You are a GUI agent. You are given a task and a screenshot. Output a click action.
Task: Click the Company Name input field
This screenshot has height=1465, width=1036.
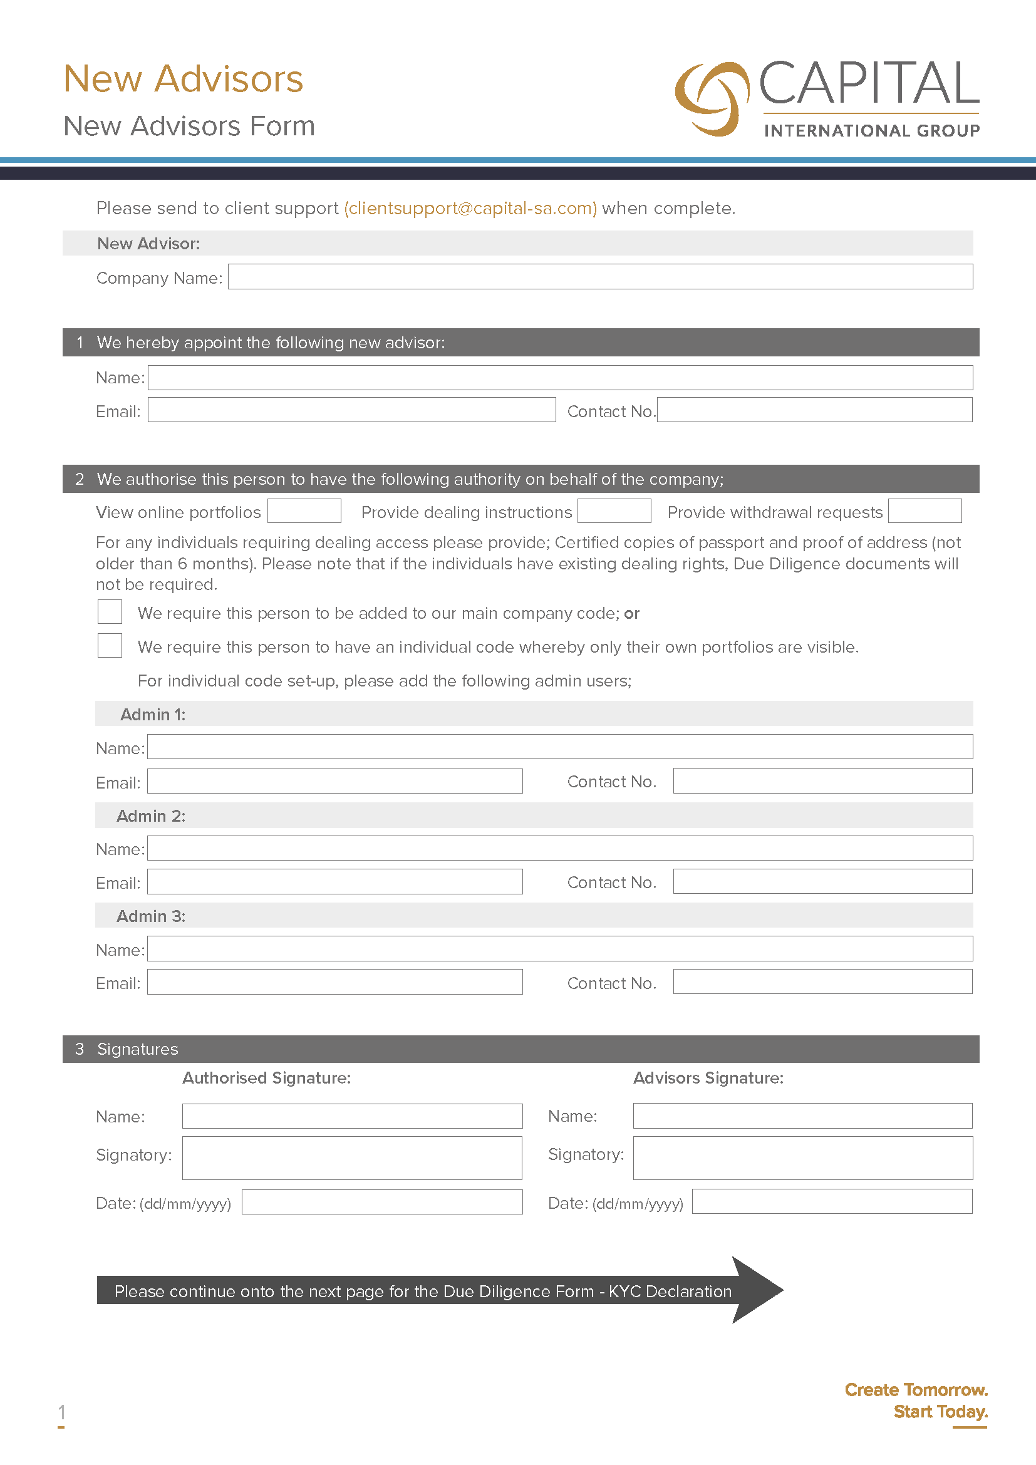tap(599, 277)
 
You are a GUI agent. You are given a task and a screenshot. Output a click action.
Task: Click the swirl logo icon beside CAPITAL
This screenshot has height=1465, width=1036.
tap(712, 99)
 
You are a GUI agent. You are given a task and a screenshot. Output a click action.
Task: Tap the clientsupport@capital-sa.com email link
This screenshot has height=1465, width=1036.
tap(470, 209)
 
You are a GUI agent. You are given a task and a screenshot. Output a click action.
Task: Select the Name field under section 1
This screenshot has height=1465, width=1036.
tap(559, 378)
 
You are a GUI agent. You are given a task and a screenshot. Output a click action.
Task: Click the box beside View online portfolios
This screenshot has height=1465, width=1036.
tap(304, 511)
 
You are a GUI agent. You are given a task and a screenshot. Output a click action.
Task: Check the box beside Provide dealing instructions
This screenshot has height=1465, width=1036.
tap(614, 511)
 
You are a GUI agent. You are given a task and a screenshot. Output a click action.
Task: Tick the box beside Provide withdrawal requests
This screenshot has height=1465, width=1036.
tap(925, 511)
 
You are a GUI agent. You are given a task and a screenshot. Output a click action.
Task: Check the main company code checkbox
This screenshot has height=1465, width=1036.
tap(110, 611)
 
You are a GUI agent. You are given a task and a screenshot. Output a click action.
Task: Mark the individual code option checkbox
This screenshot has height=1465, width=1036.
tap(110, 645)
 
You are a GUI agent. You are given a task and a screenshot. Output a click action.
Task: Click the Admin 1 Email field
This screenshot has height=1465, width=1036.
tap(334, 781)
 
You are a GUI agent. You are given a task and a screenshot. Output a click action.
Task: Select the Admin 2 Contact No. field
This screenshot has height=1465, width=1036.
tap(822, 881)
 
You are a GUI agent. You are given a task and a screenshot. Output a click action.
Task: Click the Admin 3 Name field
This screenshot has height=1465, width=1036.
tap(559, 948)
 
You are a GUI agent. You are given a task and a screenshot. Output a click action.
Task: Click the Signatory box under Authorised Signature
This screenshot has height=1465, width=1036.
tap(351, 1157)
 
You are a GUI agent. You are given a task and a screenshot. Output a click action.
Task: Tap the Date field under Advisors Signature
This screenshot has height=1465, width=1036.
tap(831, 1201)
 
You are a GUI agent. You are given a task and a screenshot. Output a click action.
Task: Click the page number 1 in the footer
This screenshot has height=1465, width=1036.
tap(61, 1411)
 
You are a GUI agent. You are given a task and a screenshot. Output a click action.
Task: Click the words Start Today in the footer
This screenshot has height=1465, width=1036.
tap(940, 1411)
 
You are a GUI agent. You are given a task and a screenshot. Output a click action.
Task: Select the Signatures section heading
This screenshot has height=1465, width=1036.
tap(137, 1049)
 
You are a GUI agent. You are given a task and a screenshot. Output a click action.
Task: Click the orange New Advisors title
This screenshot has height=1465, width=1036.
tap(183, 79)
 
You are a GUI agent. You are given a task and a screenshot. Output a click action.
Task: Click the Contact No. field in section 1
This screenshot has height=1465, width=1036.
tap(814, 410)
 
